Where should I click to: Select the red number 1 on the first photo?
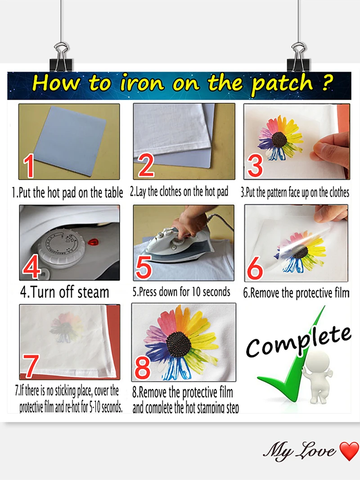[x=29, y=165]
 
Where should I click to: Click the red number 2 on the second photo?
[x=147, y=165]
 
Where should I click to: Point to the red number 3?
[x=255, y=165]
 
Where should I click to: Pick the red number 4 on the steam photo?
[x=31, y=267]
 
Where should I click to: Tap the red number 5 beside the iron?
[x=144, y=267]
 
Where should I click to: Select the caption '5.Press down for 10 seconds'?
[x=181, y=292]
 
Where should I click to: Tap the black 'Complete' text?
[x=298, y=341]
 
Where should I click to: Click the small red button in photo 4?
[x=94, y=242]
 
